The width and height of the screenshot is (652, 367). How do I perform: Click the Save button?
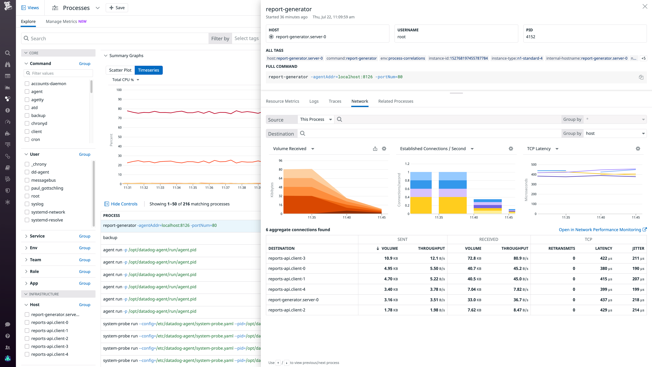(117, 8)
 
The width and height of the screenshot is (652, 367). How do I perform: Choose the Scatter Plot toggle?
(120, 70)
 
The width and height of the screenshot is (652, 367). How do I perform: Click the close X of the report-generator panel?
(645, 7)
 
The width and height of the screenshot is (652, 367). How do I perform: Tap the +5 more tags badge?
(643, 58)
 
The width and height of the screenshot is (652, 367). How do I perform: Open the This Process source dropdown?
(316, 119)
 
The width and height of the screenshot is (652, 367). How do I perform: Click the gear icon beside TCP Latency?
(638, 149)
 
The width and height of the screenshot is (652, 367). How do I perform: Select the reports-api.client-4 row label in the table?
(287, 289)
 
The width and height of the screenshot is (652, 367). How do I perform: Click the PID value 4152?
(531, 37)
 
